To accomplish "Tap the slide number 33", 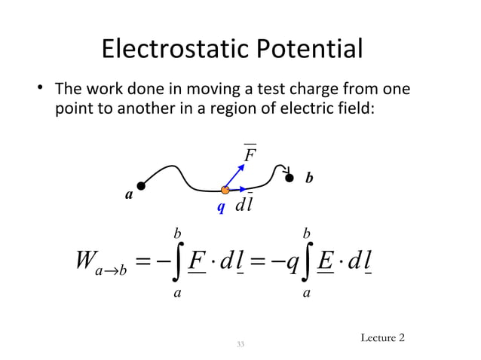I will [x=240, y=344].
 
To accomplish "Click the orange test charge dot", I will [x=225, y=191].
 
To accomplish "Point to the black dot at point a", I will [x=140, y=185].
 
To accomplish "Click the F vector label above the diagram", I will [x=250, y=155].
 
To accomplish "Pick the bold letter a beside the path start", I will [x=128, y=195].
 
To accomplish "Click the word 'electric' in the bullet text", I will [x=302, y=108].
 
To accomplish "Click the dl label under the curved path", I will [x=244, y=206].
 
